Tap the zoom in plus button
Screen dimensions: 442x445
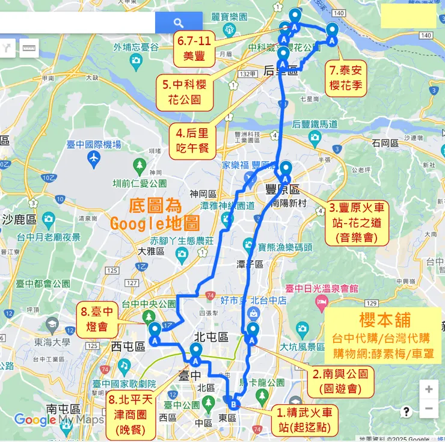point(429,389)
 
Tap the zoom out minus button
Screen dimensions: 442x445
point(429,409)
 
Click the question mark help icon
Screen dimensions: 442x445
point(407,411)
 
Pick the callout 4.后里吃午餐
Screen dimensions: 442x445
point(196,140)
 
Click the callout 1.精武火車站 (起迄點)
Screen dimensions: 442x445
point(304,420)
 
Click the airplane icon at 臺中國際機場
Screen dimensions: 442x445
point(93,158)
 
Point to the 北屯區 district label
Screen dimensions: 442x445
point(210,337)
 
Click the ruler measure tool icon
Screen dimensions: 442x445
point(29,48)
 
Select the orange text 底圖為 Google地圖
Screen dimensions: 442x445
point(155,215)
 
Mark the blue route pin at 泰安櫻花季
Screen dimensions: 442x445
point(333,32)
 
